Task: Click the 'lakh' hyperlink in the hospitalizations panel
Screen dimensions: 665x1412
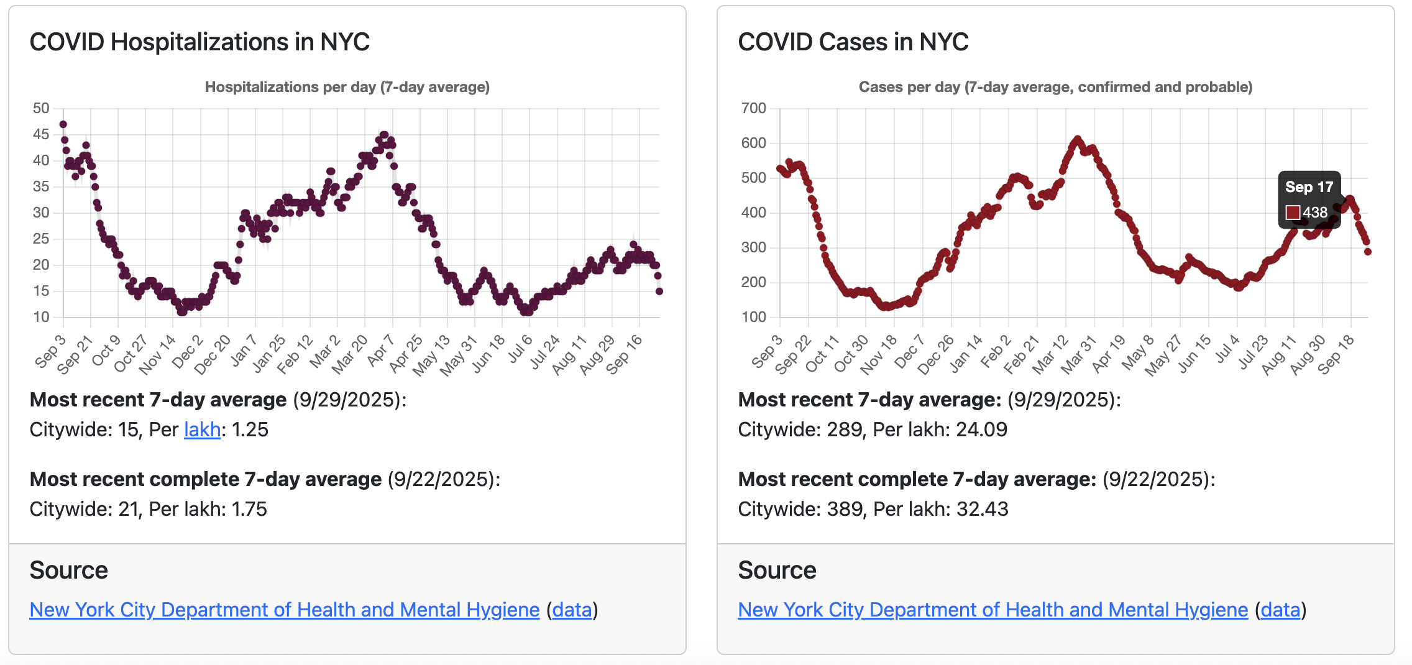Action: [202, 429]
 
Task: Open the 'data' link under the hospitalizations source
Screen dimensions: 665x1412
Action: [572, 610]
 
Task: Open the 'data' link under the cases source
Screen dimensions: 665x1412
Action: [1280, 610]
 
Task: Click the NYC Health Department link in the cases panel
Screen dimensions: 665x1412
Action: [993, 610]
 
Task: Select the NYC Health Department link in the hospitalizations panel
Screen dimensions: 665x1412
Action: [284, 610]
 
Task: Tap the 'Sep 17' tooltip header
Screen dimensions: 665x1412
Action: [1309, 187]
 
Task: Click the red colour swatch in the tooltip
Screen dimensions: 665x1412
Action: [1293, 213]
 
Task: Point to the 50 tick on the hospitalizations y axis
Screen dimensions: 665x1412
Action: [41, 108]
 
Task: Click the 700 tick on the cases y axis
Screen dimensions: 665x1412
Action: [753, 108]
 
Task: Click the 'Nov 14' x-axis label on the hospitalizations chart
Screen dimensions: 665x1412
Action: [157, 355]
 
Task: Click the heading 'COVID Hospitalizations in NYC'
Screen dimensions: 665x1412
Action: [199, 42]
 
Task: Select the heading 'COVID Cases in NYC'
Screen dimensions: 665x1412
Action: [853, 42]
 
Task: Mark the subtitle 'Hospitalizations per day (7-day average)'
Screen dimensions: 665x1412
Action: [347, 87]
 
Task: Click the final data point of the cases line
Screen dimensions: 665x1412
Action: [1367, 252]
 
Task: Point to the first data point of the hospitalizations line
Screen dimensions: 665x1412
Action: [63, 124]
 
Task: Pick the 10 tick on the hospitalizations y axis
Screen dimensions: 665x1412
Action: [41, 317]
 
